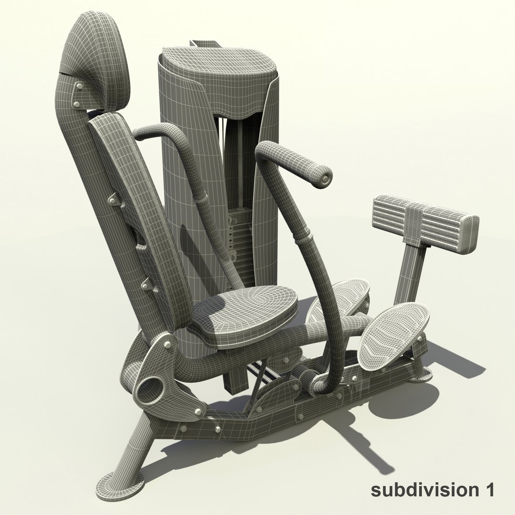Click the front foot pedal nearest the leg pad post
click(393, 334)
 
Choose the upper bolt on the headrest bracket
click(78, 86)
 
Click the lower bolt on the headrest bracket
click(77, 103)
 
